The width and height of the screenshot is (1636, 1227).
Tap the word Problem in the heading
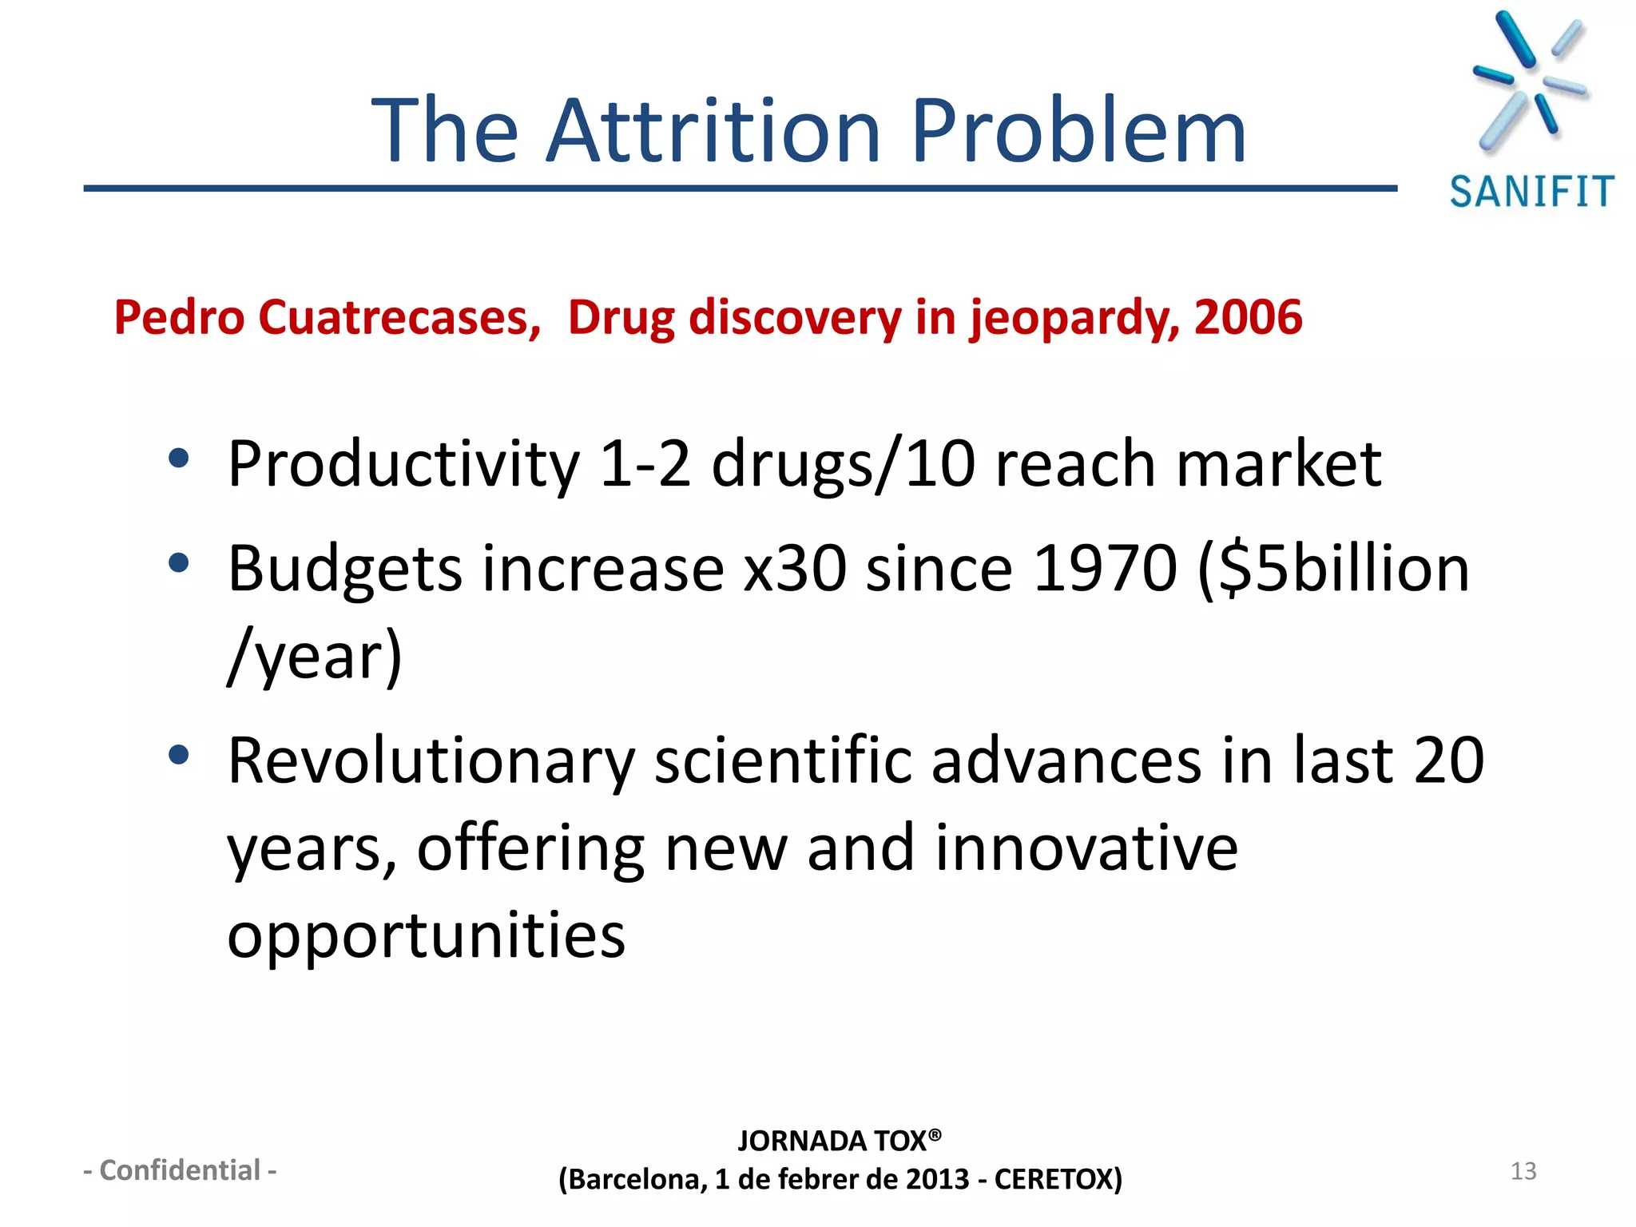1078,130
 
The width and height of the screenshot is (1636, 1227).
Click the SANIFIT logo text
1531,193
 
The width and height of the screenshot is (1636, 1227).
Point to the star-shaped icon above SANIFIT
1529,80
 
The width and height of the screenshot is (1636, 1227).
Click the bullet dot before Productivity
179,459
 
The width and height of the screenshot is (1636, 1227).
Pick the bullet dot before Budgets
179,564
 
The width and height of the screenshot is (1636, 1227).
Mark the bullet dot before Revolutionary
179,755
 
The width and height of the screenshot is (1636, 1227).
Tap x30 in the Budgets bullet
795,569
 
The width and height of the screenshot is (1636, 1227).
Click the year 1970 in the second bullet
1105,569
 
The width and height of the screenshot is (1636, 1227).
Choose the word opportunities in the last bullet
427,935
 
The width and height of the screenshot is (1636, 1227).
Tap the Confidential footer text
181,1170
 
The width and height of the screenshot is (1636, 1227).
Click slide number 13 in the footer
1523,1171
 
